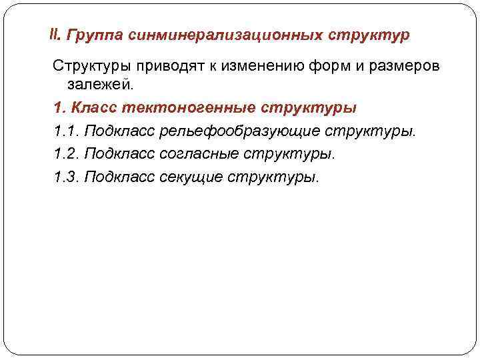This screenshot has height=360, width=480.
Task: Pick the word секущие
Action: point(191,177)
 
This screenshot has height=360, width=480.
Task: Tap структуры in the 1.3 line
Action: point(274,177)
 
